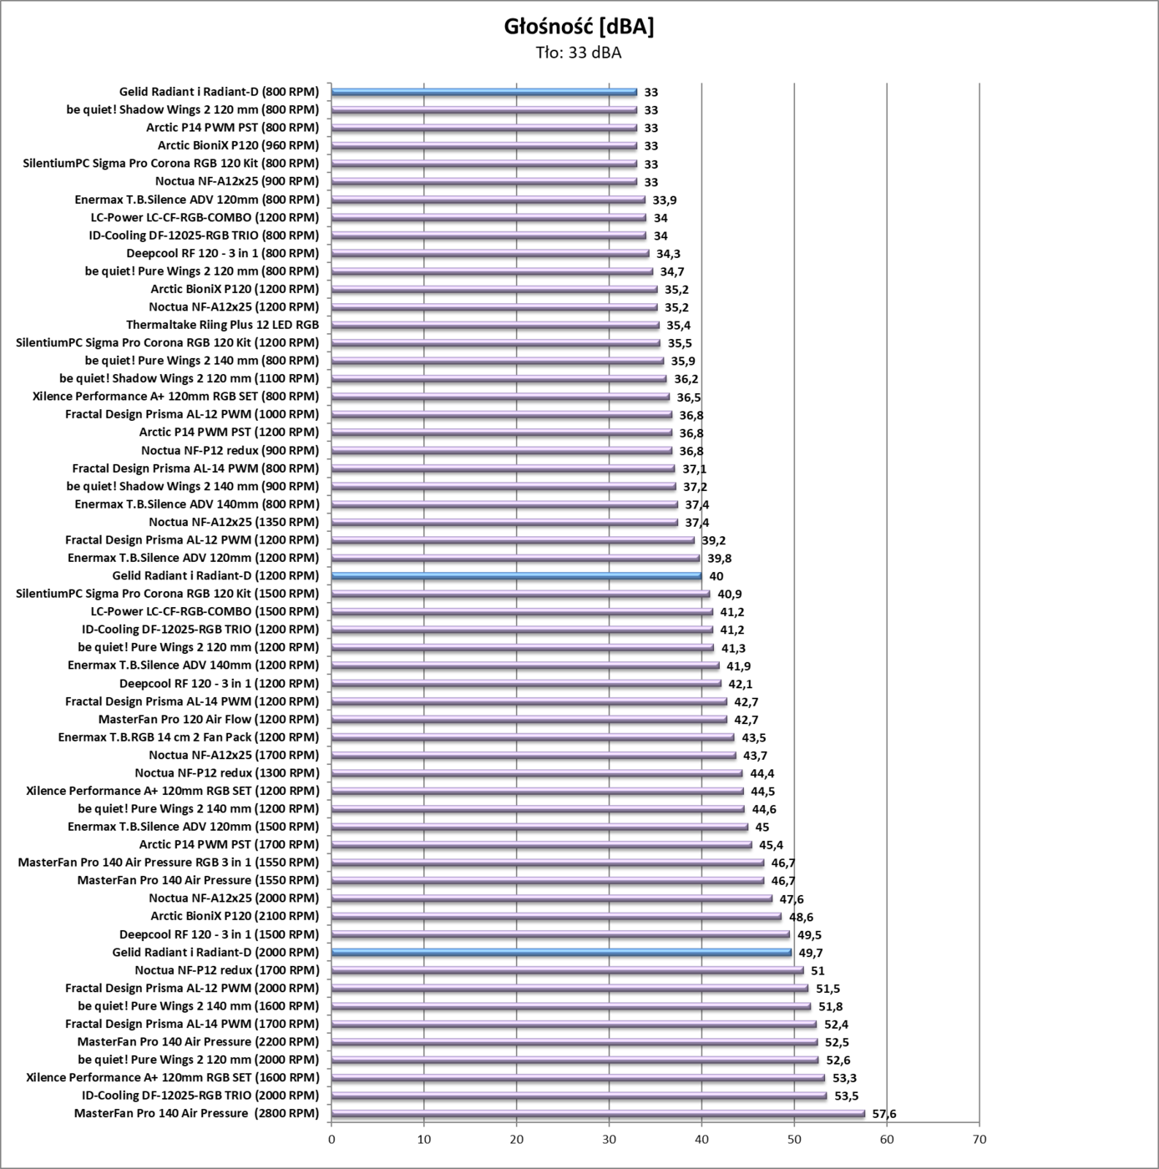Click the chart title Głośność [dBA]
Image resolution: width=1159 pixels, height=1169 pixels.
(579, 27)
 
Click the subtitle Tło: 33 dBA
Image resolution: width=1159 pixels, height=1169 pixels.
(579, 53)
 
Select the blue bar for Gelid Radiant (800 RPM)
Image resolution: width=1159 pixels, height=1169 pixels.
(483, 92)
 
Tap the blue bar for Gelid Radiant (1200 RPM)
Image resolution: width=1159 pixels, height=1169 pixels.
(516, 575)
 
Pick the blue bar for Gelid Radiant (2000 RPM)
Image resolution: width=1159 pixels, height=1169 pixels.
(561, 952)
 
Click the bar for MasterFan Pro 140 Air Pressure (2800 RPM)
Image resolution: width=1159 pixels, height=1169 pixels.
(598, 1113)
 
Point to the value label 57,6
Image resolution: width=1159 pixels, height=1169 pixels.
(883, 1114)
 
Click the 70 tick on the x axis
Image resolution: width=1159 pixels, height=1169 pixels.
(979, 1140)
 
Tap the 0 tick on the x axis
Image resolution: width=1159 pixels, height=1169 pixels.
(332, 1140)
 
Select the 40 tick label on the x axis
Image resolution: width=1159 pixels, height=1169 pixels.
(702, 1140)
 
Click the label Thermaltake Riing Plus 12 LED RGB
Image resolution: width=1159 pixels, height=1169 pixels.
(222, 325)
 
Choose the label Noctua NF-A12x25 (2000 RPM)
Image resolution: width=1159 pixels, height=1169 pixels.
(234, 898)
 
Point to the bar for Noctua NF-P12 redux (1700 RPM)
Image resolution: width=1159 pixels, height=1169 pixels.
(567, 970)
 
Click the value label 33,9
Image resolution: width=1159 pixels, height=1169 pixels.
(664, 200)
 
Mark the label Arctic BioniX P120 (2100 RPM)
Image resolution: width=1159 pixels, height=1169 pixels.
(235, 916)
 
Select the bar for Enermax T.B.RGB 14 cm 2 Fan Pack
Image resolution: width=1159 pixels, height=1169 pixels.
(533, 737)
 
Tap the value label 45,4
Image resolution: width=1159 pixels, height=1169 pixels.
(771, 845)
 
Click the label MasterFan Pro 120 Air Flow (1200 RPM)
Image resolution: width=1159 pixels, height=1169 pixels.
(209, 719)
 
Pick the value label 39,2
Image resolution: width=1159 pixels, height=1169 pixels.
(713, 540)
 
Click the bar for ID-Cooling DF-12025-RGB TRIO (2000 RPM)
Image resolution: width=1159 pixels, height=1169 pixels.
(579, 1096)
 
